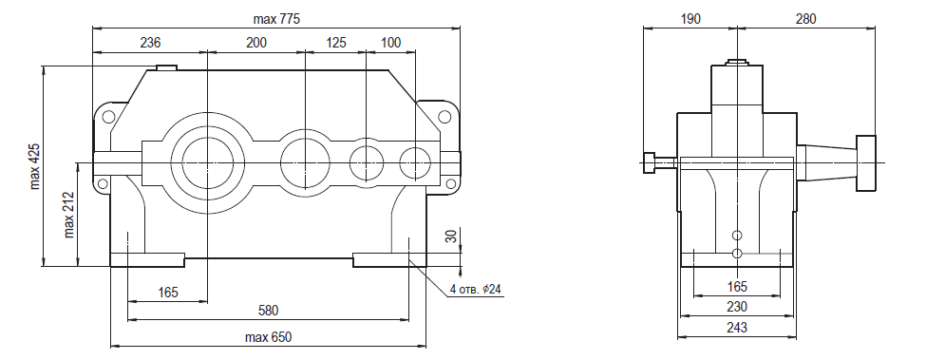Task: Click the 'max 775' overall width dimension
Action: coord(276,19)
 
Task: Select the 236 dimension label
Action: coord(150,43)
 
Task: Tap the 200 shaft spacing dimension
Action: coord(256,43)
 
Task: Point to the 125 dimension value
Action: coord(335,43)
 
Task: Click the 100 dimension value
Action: coord(391,43)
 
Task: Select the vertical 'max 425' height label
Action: coord(35,166)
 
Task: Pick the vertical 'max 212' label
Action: coord(69,215)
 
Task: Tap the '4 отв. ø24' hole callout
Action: coord(477,289)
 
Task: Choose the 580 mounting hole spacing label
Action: coord(268,311)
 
